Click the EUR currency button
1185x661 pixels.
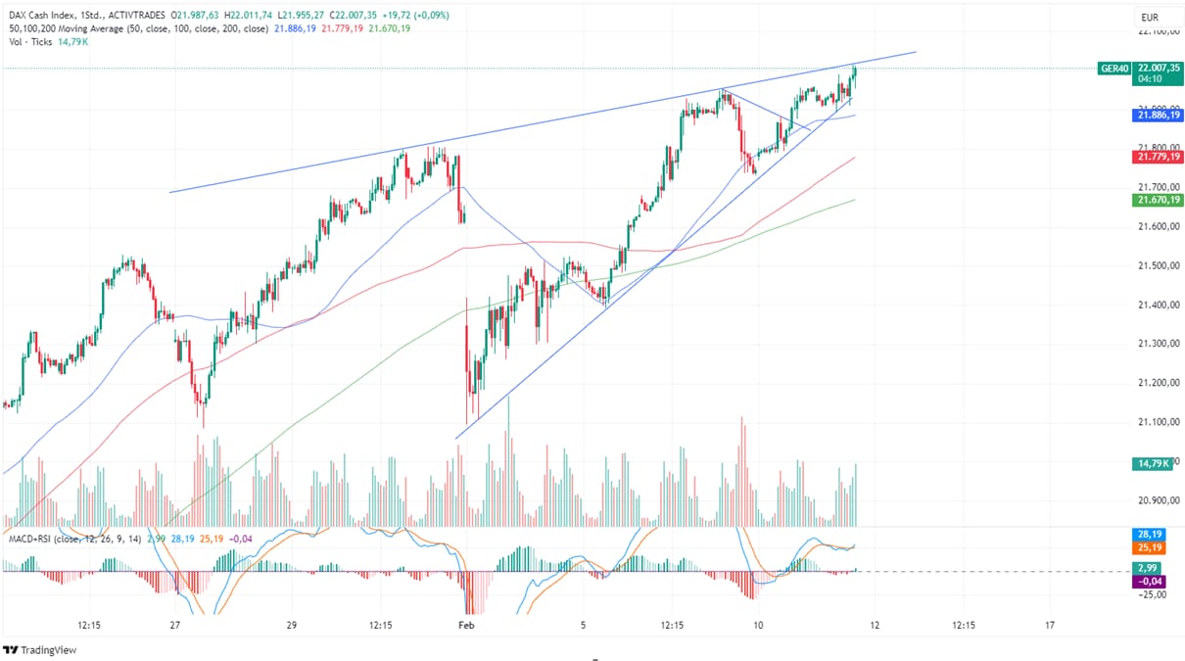[1149, 18]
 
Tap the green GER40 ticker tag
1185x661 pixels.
[1114, 69]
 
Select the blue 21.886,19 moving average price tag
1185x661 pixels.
[1156, 115]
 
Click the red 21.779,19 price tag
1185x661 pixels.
[1156, 157]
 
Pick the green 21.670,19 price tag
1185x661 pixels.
[1156, 200]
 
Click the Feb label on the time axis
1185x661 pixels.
[466, 624]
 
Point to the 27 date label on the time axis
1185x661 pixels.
[174, 624]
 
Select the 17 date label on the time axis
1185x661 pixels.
[1050, 624]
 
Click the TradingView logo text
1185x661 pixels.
[48, 650]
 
